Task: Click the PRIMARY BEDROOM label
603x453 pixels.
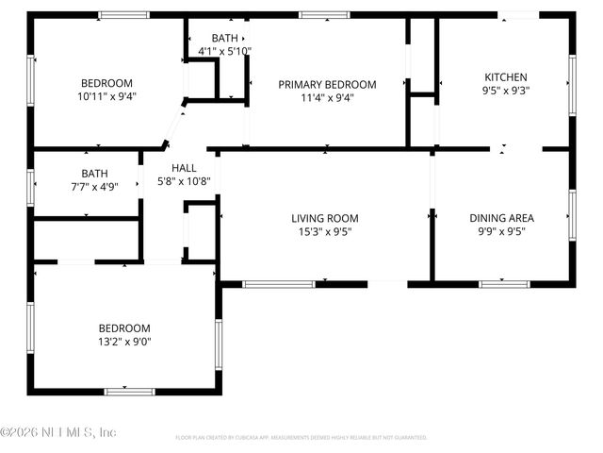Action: point(327,84)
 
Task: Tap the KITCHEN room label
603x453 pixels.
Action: point(506,77)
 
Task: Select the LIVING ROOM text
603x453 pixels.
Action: point(324,218)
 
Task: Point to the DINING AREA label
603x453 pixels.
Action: point(501,218)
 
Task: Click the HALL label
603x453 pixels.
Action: point(184,167)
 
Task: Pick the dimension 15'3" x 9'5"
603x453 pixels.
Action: point(324,231)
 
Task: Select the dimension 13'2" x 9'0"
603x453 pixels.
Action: point(124,342)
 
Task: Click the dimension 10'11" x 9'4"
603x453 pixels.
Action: point(106,95)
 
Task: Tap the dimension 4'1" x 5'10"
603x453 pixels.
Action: point(224,51)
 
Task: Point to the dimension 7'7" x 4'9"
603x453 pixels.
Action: point(94,187)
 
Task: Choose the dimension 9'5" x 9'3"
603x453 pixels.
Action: point(506,92)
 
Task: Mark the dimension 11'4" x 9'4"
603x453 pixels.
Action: point(327,97)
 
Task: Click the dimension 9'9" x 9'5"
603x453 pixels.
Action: point(501,231)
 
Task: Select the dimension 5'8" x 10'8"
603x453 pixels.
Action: point(184,181)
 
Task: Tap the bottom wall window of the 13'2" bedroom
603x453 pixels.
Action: point(129,391)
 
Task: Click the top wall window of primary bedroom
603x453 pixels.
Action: point(325,15)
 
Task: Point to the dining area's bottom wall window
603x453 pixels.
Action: point(504,283)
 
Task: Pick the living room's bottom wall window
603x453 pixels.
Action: point(279,283)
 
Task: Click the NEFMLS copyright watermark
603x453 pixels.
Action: point(58,432)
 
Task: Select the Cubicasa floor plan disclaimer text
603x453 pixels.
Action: point(301,438)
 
